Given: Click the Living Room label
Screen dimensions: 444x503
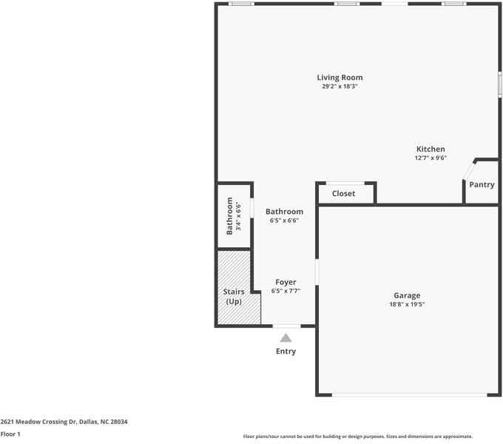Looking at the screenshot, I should tap(340, 78).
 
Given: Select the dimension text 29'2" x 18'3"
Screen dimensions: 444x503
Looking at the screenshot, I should tap(340, 87).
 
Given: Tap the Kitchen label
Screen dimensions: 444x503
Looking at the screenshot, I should tap(431, 149).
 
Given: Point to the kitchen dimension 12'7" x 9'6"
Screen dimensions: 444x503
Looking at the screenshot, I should tap(431, 158).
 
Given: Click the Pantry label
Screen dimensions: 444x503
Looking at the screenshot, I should tap(482, 185).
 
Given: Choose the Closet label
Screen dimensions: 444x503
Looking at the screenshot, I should tap(343, 194).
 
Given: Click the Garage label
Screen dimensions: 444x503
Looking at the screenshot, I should tap(407, 295).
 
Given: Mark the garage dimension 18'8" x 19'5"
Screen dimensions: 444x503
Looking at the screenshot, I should tap(407, 304).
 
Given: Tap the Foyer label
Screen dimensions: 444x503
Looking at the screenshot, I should tap(286, 282).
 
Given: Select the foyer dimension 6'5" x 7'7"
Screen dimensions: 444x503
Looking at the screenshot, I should tap(286, 291).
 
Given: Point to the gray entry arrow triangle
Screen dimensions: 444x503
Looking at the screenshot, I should tap(286, 337).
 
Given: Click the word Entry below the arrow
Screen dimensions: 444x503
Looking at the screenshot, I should tap(286, 351).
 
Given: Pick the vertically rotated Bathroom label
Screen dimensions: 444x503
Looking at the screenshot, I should tap(230, 215).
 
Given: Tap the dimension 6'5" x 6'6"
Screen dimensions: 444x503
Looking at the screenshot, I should tap(284, 220).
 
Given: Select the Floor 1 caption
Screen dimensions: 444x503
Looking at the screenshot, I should tap(10, 434).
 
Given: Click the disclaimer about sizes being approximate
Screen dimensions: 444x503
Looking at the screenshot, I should tap(357, 437).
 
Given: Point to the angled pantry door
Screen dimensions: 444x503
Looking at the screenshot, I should tap(468, 169).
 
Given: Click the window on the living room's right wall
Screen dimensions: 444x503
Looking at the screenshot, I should tap(500, 82).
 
